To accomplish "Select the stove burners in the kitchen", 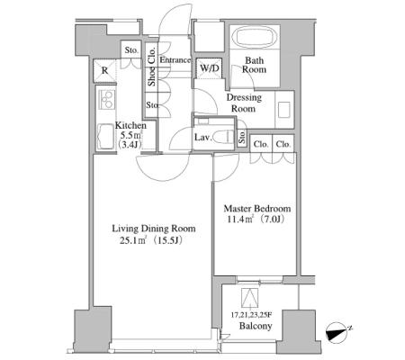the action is pyautogui.click(x=106, y=99).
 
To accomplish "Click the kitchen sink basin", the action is pyautogui.click(x=105, y=137).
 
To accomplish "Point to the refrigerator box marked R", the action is pyautogui.click(x=104, y=71).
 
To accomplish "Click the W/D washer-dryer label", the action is pyautogui.click(x=210, y=67).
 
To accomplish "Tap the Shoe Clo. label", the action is pyautogui.click(x=152, y=67).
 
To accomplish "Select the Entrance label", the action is pyautogui.click(x=175, y=60).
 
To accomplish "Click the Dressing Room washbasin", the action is pyautogui.click(x=283, y=110).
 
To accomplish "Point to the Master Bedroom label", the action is pyautogui.click(x=257, y=208).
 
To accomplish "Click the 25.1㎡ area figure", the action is pyautogui.click(x=133, y=240).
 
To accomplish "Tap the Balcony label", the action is pyautogui.click(x=256, y=326).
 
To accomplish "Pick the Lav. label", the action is pyautogui.click(x=203, y=138).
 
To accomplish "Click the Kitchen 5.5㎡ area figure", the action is pyautogui.click(x=131, y=135).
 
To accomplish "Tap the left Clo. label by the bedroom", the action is pyautogui.click(x=261, y=144).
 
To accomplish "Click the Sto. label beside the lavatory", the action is pyautogui.click(x=242, y=137).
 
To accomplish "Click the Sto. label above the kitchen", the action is pyautogui.click(x=131, y=50).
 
